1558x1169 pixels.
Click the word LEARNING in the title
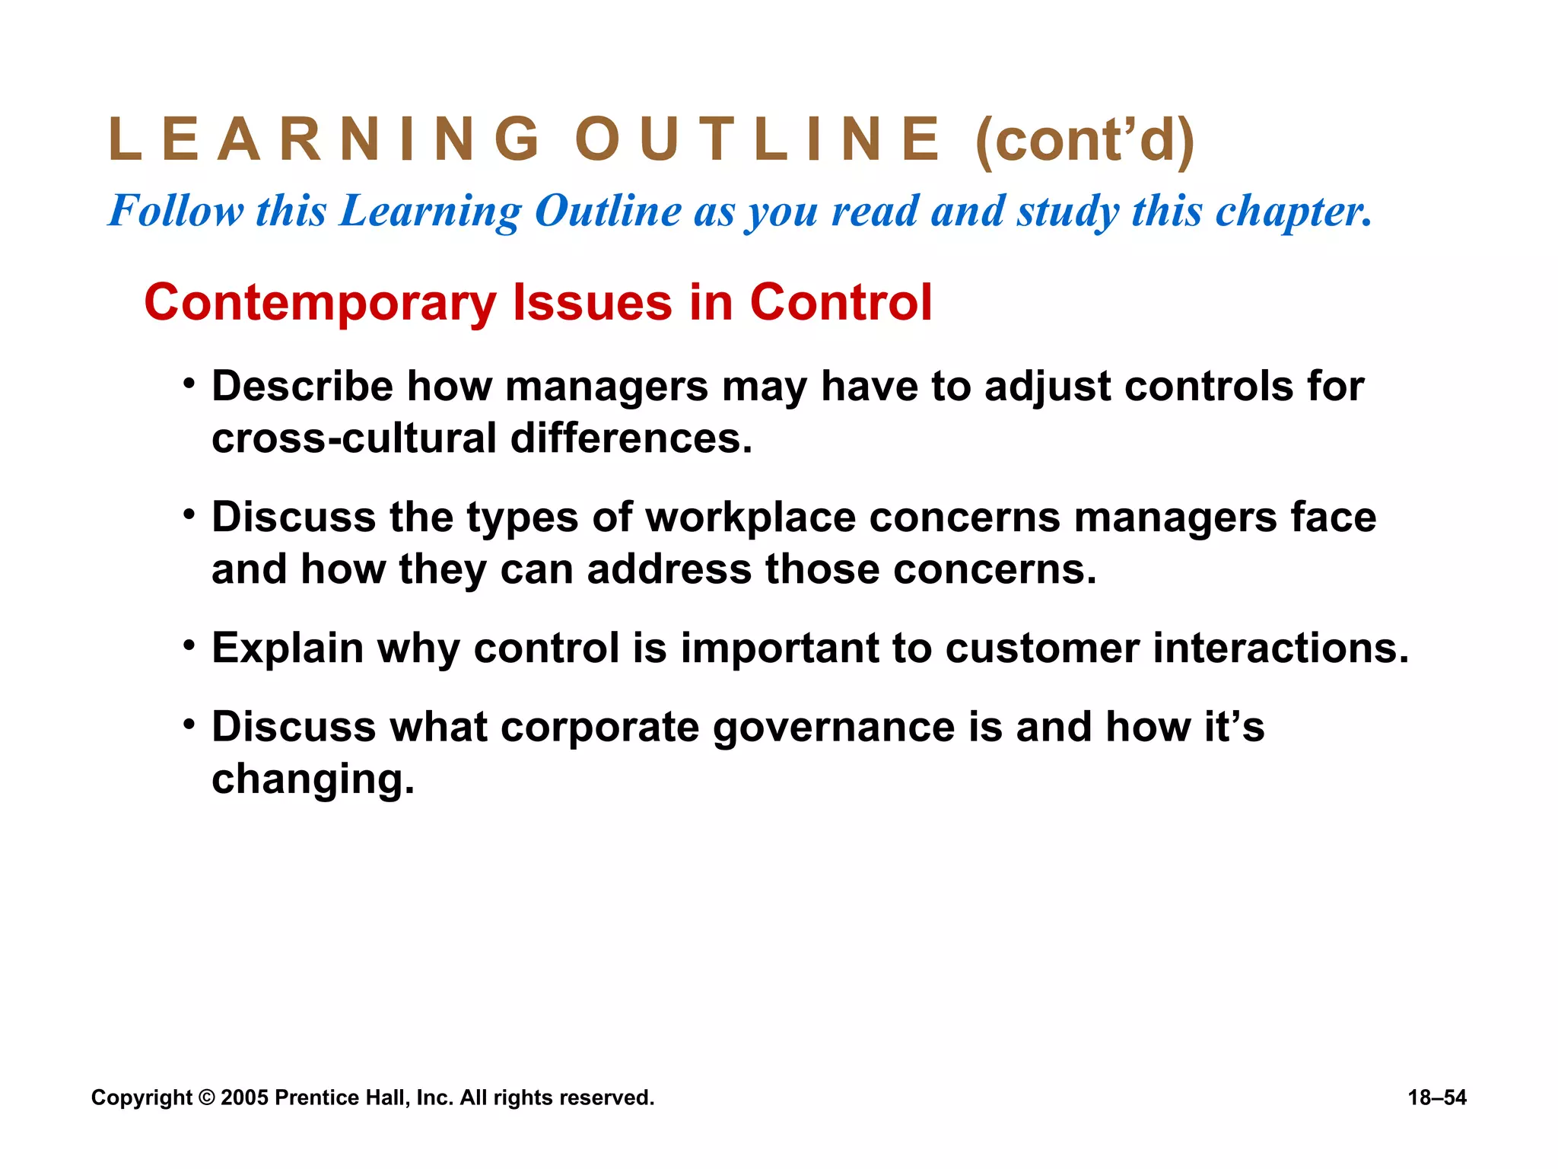(x=324, y=139)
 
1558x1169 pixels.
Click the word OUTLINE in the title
(x=758, y=139)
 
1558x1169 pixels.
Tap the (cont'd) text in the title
(x=1085, y=141)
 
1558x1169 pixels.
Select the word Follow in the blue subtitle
(x=176, y=210)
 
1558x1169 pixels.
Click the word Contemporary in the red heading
(x=320, y=303)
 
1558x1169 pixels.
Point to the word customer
(x=1042, y=648)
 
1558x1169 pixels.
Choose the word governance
(x=834, y=728)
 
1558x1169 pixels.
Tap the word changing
(x=313, y=779)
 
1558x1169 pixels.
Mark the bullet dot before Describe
(x=189, y=383)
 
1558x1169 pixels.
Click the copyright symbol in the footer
(x=206, y=1097)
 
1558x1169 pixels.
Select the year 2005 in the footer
(x=244, y=1097)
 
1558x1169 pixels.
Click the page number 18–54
(x=1437, y=1097)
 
